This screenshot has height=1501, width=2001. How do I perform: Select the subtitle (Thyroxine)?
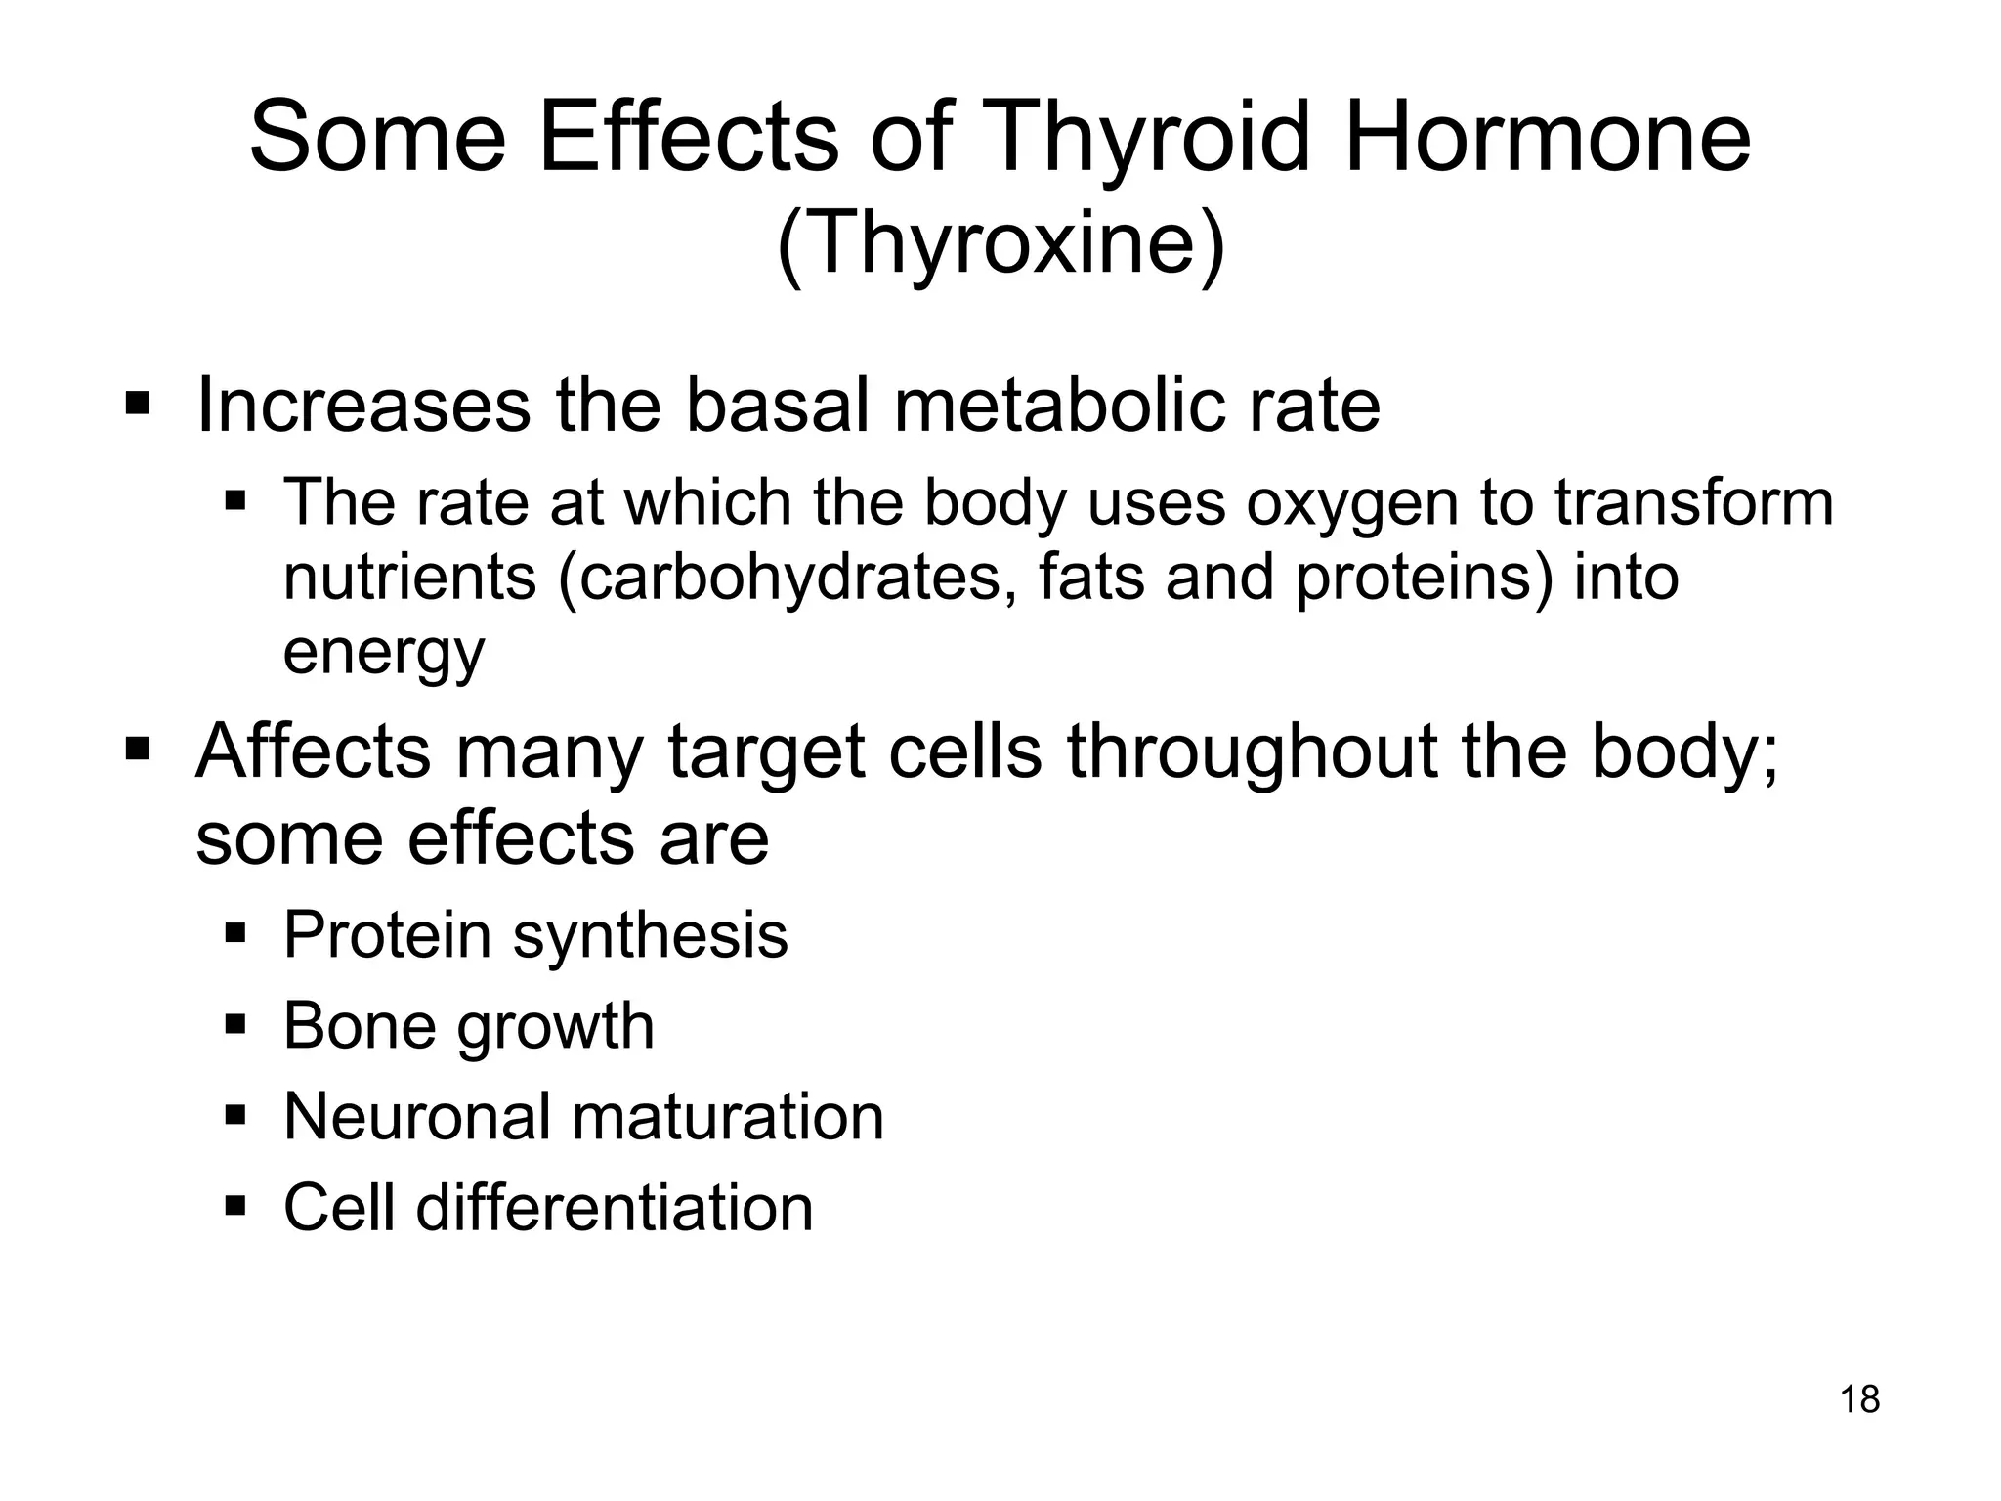tap(1000, 244)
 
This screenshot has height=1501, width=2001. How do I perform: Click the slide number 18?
tap(1859, 1399)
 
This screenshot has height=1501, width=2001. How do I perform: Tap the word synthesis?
tap(650, 935)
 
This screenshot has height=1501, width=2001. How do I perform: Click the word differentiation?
tap(615, 1208)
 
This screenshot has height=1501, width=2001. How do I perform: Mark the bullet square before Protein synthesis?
tap(234, 932)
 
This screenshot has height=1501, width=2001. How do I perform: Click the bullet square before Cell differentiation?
tap(234, 1205)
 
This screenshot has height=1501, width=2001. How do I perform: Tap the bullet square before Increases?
tap(137, 403)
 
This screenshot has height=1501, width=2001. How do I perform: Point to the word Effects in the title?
tap(688, 139)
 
